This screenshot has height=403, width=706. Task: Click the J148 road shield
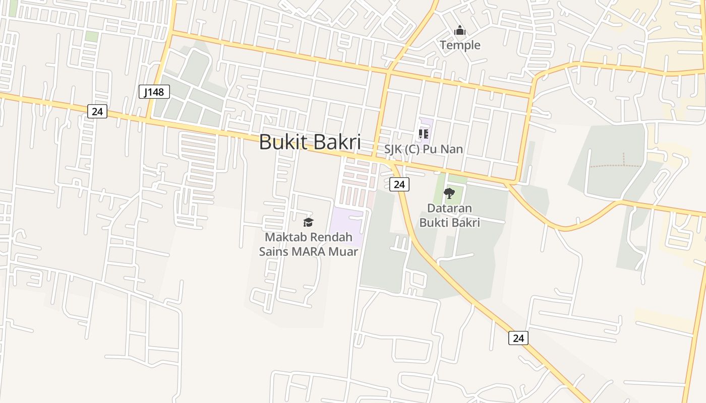tap(154, 92)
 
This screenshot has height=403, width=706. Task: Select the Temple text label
tap(460, 45)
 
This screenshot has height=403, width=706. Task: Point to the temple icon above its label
tap(459, 31)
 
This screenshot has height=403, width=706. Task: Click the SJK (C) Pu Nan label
tap(424, 149)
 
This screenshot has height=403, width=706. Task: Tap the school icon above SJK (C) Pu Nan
tap(424, 134)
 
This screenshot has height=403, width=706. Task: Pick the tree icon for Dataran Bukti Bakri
tap(449, 193)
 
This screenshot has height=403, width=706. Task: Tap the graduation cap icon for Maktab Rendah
tap(308, 222)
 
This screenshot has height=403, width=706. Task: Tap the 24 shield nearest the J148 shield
tap(97, 111)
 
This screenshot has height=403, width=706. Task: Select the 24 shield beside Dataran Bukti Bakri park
tap(399, 184)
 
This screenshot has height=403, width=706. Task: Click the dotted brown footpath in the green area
tap(615, 165)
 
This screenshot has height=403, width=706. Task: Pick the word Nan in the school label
tap(453, 149)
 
